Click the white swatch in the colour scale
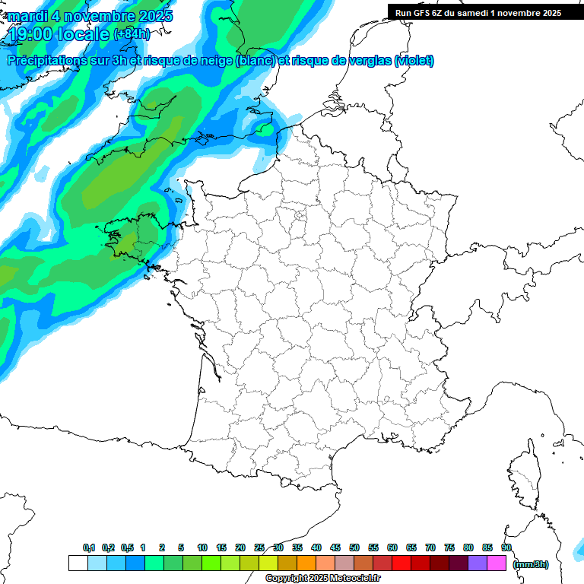coord(78,563)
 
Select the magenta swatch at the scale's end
coord(496,563)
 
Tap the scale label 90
coord(506,547)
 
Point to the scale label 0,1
coord(89,547)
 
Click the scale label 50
coord(354,547)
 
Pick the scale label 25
coord(259,547)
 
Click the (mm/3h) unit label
coord(531,563)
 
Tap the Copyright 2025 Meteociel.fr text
coord(322,578)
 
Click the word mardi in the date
coord(28,16)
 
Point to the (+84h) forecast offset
coord(131,34)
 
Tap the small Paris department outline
coord(300,217)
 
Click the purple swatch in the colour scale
coord(477,563)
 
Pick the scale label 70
coord(430,547)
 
